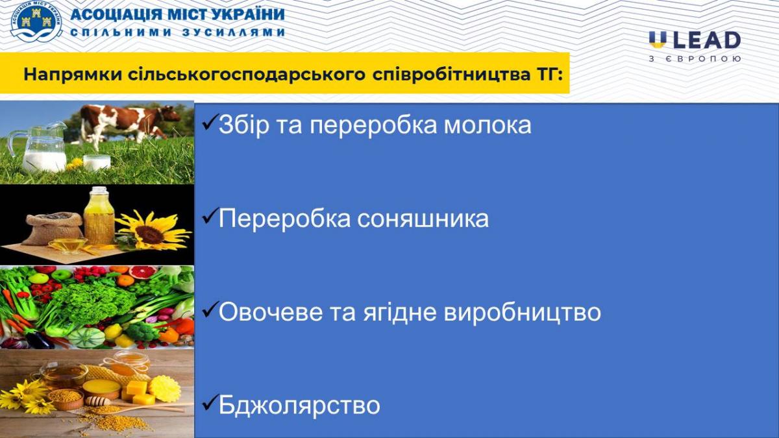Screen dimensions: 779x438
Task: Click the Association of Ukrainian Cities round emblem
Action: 36,22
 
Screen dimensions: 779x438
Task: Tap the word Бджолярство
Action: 299,406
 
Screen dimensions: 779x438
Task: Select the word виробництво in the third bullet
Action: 523,312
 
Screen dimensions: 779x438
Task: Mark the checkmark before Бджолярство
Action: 210,402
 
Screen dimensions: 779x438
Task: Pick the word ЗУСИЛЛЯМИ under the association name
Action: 233,32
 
